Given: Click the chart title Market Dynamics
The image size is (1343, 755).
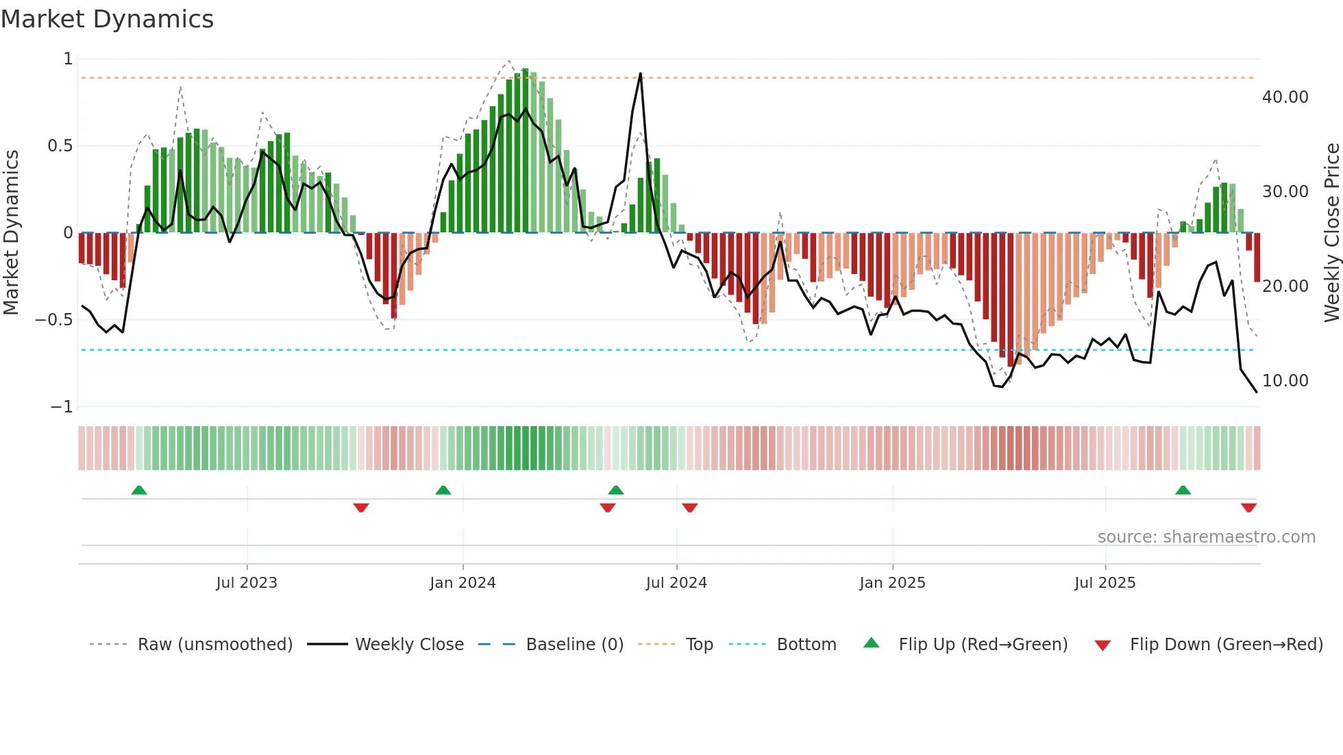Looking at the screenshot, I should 107,19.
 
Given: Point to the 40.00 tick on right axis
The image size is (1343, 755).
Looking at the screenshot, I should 1285,97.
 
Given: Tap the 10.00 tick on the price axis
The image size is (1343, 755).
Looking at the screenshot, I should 1285,381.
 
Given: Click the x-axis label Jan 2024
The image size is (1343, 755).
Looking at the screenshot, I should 463,583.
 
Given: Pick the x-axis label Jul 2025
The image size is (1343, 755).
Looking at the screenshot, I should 1105,583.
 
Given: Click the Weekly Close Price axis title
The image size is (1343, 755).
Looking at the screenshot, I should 1331,233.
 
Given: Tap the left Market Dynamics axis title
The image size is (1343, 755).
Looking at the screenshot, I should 11,233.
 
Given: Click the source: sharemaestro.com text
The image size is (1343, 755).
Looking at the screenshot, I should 1206,537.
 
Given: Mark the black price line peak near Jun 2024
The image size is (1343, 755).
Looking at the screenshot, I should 640,73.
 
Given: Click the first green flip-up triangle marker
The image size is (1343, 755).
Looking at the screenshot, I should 139,490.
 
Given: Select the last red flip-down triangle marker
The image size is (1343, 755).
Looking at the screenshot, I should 1248,508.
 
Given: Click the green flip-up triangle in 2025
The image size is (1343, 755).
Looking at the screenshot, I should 1183,490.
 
